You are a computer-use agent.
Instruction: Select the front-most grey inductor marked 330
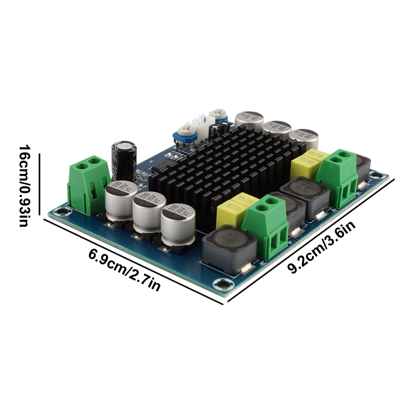[229, 248]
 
